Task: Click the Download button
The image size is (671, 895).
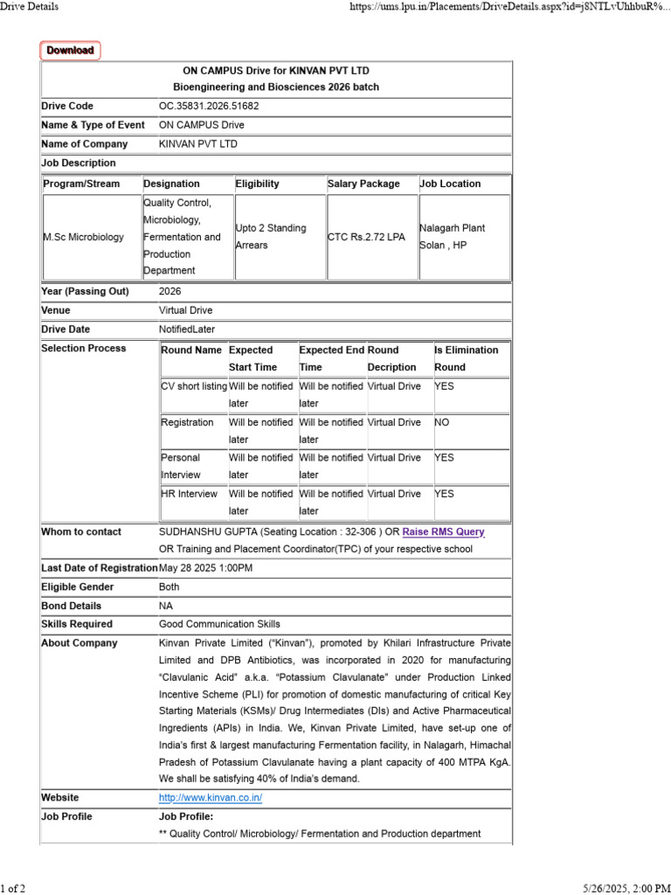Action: (70, 51)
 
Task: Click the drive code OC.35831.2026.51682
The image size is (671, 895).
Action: (209, 107)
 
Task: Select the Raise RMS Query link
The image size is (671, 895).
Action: (443, 531)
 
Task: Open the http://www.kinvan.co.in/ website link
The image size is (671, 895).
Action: (211, 798)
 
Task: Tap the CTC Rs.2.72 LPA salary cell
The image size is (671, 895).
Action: (367, 237)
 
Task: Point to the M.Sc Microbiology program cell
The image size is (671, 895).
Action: (84, 237)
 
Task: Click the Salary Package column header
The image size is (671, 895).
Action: (363, 184)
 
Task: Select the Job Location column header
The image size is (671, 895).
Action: (451, 184)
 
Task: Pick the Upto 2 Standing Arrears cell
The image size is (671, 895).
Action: (271, 237)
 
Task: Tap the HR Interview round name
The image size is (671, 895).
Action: (190, 494)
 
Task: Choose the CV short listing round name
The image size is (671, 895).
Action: (194, 386)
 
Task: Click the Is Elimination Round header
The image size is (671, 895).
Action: (467, 358)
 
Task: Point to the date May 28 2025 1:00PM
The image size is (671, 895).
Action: (206, 568)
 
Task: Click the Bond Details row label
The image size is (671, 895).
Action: (72, 606)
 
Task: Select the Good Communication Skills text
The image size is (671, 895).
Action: (219, 624)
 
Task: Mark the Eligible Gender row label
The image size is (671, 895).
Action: (78, 587)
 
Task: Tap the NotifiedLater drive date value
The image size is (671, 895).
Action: (185, 330)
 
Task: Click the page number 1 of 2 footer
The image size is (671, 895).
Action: (13, 888)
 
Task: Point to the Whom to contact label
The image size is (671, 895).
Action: (81, 531)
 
